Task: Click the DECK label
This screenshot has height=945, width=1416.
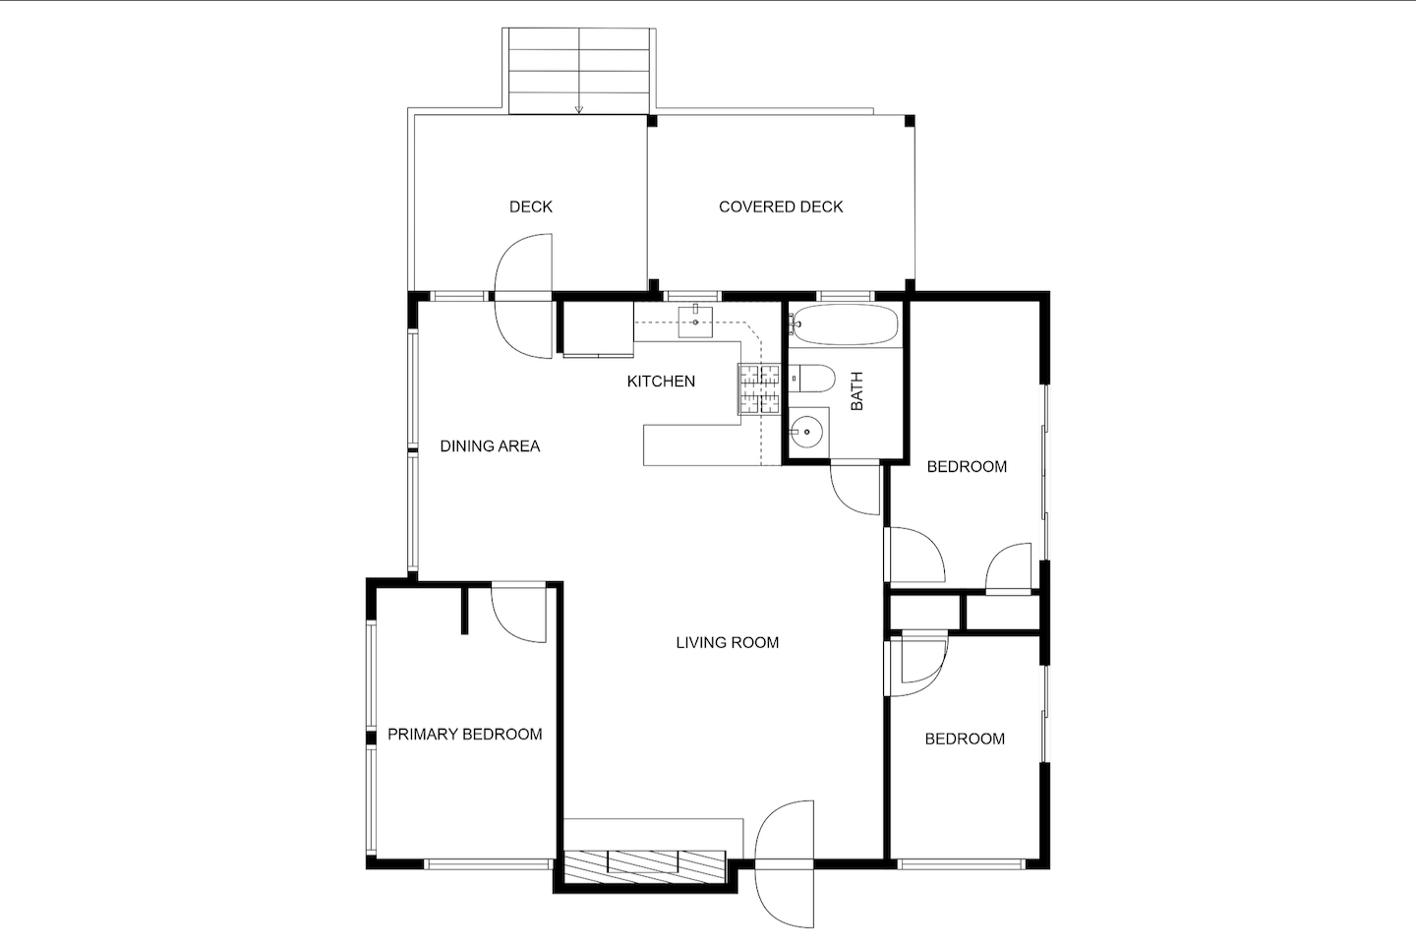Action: (531, 207)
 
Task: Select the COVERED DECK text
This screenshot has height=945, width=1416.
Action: (781, 207)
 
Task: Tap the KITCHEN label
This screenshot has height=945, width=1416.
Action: (661, 382)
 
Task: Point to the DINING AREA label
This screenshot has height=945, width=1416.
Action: (490, 446)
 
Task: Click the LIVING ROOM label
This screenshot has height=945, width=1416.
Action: (727, 643)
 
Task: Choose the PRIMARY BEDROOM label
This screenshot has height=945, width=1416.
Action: (464, 734)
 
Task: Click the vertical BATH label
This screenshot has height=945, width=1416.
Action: (857, 390)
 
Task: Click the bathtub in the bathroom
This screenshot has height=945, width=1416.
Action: (844, 325)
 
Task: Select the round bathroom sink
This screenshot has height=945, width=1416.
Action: (807, 432)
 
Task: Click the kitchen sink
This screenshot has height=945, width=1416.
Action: (695, 323)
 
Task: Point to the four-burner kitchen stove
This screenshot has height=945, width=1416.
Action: (760, 389)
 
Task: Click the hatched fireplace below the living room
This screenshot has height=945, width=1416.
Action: (645, 867)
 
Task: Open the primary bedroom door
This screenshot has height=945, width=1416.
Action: (518, 615)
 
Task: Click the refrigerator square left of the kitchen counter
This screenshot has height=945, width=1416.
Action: (598, 328)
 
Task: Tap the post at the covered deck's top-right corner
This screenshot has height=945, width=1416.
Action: (910, 121)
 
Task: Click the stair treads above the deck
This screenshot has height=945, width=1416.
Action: (578, 71)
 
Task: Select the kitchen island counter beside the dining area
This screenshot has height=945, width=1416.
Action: (701, 445)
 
